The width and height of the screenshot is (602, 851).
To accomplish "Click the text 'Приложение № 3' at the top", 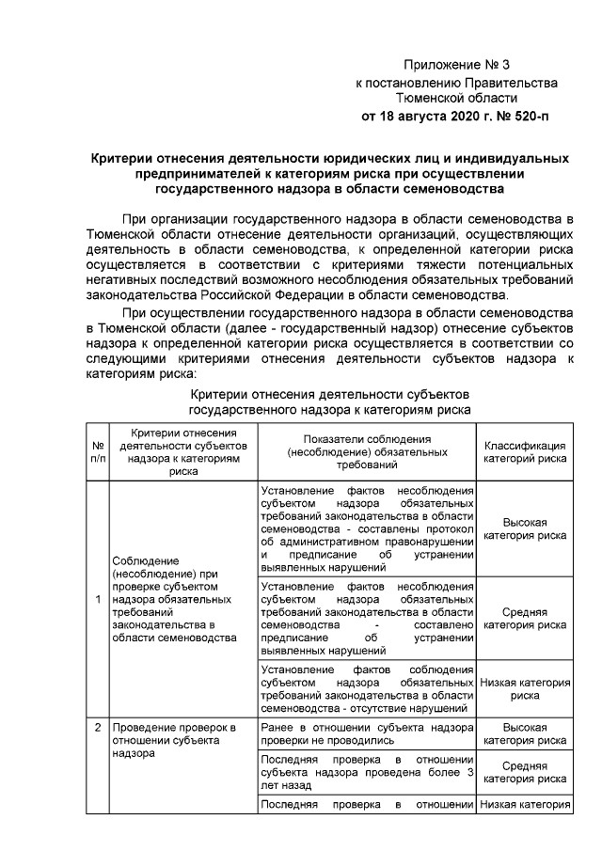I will tap(455, 65).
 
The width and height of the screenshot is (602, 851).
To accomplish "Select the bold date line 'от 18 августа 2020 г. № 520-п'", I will tap(455, 117).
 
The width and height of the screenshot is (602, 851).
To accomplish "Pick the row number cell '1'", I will tap(97, 600).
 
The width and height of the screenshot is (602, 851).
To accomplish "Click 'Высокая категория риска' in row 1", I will tap(524, 528).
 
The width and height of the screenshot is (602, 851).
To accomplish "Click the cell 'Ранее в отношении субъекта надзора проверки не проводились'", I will tap(367, 734).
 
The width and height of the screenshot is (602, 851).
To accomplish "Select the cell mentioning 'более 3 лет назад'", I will tap(367, 771).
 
